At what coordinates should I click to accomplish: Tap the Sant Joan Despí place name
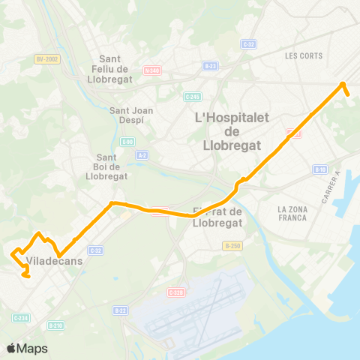(132, 115)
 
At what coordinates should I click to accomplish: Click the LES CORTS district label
(303, 55)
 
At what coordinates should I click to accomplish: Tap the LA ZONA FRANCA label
(292, 213)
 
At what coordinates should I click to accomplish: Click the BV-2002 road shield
(47, 58)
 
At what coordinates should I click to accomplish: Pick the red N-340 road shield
(152, 70)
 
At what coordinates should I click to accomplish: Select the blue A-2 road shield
(142, 155)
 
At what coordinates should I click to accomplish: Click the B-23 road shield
(210, 66)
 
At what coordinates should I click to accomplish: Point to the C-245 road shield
(192, 96)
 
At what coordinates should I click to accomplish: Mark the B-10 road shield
(320, 169)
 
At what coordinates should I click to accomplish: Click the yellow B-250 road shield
(232, 245)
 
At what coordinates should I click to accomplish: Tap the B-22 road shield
(120, 310)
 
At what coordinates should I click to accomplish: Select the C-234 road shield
(21, 318)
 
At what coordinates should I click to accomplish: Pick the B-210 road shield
(55, 325)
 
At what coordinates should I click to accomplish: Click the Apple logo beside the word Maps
(11, 348)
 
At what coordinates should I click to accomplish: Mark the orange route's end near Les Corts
(349, 94)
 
